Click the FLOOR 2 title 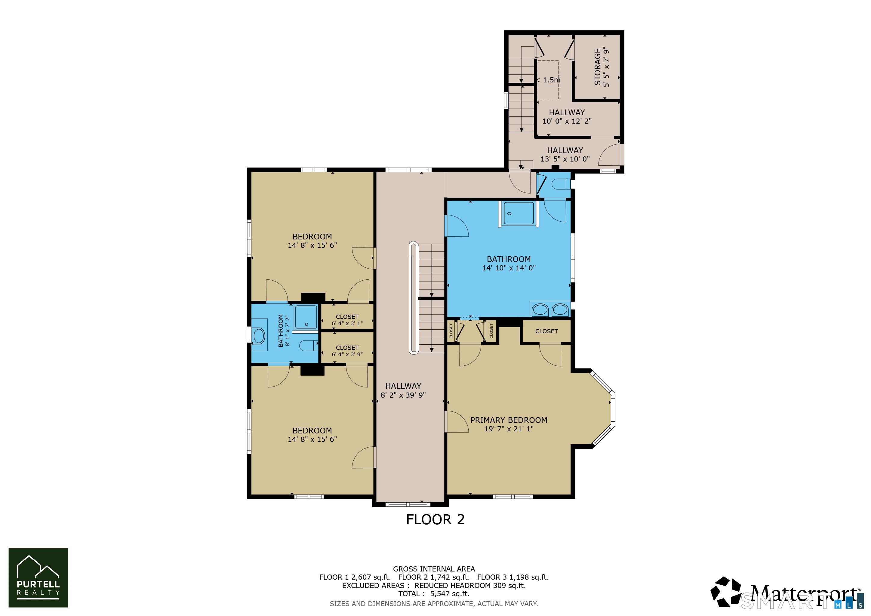coord(435,519)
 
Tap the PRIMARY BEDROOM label coord(509,420)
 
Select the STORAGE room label coord(598,67)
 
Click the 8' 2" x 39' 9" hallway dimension coord(403,395)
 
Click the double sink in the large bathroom coord(550,310)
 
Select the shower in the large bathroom coord(518,214)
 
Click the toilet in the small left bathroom coord(308,346)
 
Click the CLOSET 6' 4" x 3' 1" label coord(347,320)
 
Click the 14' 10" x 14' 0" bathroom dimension coord(509,268)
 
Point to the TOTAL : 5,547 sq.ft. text coord(434,594)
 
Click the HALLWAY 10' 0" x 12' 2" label coord(567,116)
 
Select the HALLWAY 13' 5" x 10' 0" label coord(565,154)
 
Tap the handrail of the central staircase coord(414,298)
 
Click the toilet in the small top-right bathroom coord(561,184)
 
